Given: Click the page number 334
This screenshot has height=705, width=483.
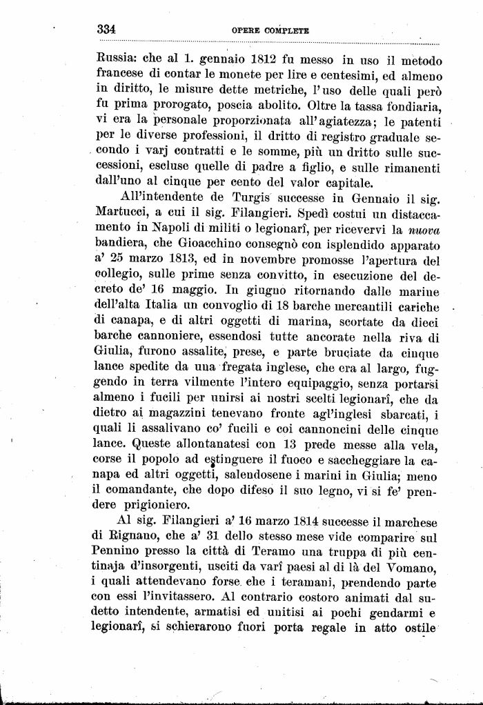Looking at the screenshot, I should coord(106,30).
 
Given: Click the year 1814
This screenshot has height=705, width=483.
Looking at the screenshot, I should coord(284,522).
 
